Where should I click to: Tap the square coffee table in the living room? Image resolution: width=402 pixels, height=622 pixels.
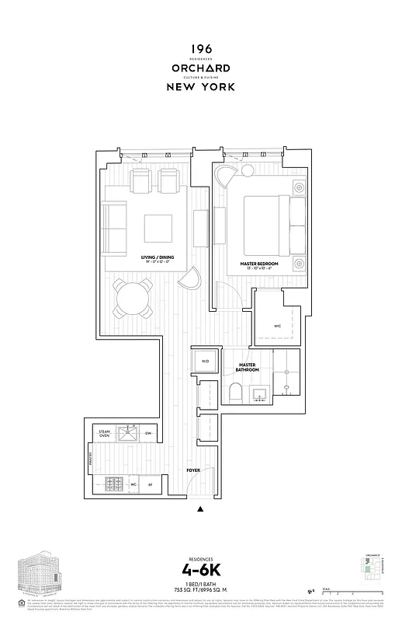click(159, 228)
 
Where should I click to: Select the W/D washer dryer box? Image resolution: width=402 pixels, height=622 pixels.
click(206, 362)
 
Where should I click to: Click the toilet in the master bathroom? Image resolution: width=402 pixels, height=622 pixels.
click(236, 393)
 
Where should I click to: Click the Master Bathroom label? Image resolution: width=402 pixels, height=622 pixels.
click(248, 368)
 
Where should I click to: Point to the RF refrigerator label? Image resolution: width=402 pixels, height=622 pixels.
click(150, 484)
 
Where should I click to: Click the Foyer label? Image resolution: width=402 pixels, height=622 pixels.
click(192, 471)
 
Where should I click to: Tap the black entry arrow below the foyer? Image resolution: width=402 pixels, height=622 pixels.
click(201, 510)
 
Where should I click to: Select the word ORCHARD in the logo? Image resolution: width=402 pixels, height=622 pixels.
click(201, 68)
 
